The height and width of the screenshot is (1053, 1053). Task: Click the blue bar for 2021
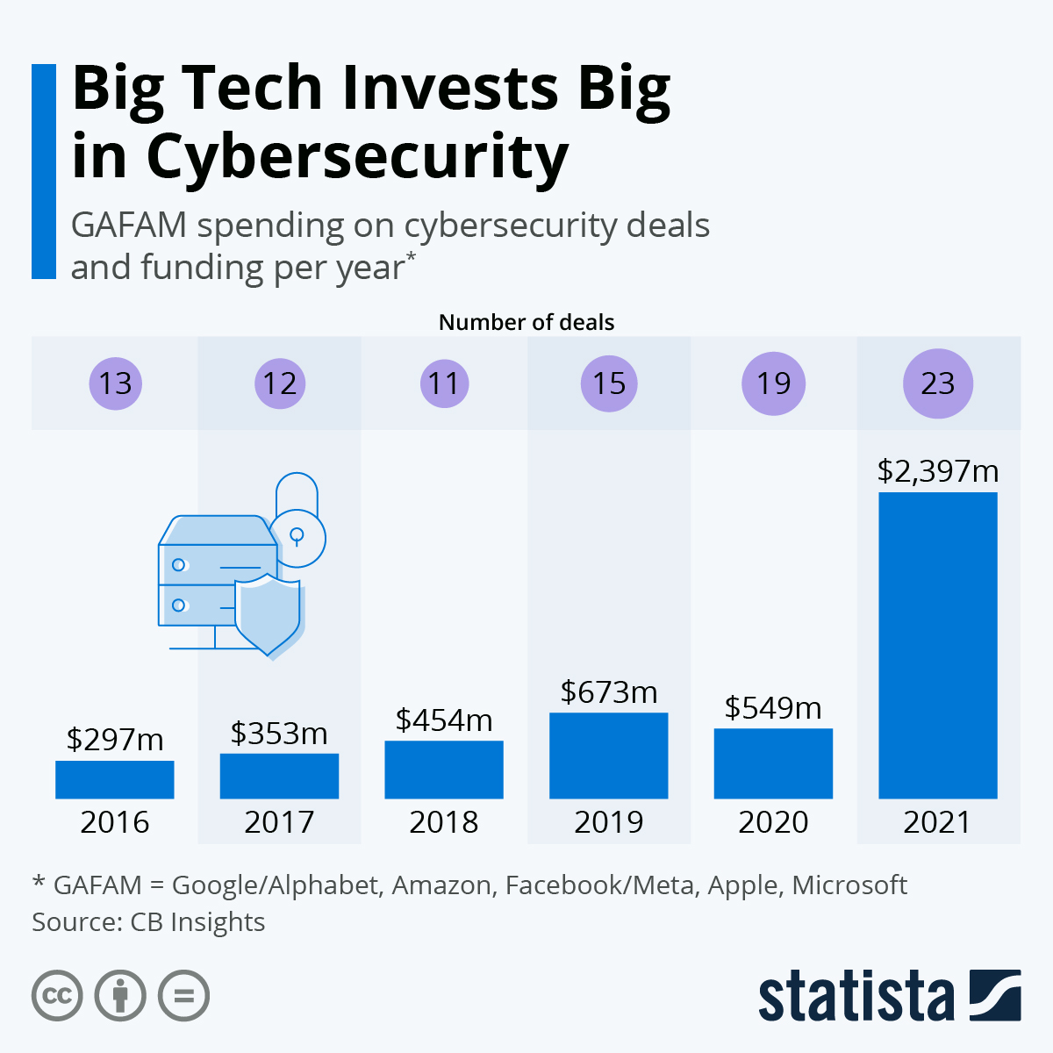pos(937,645)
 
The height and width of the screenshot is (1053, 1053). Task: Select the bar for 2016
pos(114,779)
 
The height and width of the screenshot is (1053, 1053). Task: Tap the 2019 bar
pos(608,756)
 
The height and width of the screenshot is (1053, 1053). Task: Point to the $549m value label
pos(773,707)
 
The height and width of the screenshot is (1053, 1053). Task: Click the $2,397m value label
pos(937,471)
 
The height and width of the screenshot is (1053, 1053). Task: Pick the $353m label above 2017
pos(279,733)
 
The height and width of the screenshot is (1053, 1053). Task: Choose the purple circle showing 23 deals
pos(937,383)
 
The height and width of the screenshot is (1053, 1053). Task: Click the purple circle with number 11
pos(444,383)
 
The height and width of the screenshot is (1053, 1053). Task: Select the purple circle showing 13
pos(115,383)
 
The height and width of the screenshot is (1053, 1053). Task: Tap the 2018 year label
pos(444,822)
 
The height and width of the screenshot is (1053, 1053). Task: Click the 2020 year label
pos(773,822)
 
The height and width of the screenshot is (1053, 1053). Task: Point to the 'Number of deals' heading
pos(526,322)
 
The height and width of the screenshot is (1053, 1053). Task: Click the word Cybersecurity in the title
pos(357,156)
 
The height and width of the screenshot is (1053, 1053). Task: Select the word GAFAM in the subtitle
pos(129,226)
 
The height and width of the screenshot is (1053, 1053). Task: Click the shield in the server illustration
pos(268,614)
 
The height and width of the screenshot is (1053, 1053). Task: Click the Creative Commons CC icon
pos(57,996)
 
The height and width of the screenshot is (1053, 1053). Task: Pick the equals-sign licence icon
pos(183,996)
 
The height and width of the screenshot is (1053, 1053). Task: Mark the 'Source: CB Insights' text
pos(148,922)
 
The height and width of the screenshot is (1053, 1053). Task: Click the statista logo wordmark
pos(856,996)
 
